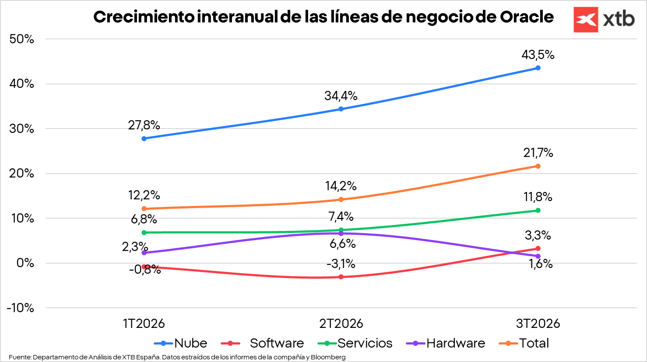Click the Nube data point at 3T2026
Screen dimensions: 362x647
[538, 68]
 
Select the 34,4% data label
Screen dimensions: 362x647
[341, 96]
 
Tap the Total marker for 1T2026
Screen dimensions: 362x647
[144, 209]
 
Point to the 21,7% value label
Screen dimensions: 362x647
[538, 153]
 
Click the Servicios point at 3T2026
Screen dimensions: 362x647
[538, 210]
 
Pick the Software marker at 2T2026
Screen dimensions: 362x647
[341, 277]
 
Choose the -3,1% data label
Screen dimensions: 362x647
[341, 264]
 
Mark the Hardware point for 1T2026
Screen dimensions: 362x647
[144, 253]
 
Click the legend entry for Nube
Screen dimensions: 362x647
[190, 343]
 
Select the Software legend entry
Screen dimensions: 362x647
[277, 343]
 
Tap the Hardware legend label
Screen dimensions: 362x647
[456, 343]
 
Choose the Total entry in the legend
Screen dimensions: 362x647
[534, 343]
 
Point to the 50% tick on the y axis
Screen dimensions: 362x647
[21, 39]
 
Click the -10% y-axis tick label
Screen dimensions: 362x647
[20, 308]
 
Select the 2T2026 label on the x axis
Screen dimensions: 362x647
[341, 324]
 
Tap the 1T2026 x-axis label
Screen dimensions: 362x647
[144, 324]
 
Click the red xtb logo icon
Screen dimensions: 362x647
[586, 20]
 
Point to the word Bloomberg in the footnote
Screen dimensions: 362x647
[328, 357]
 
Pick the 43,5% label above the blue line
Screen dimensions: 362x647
[538, 55]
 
